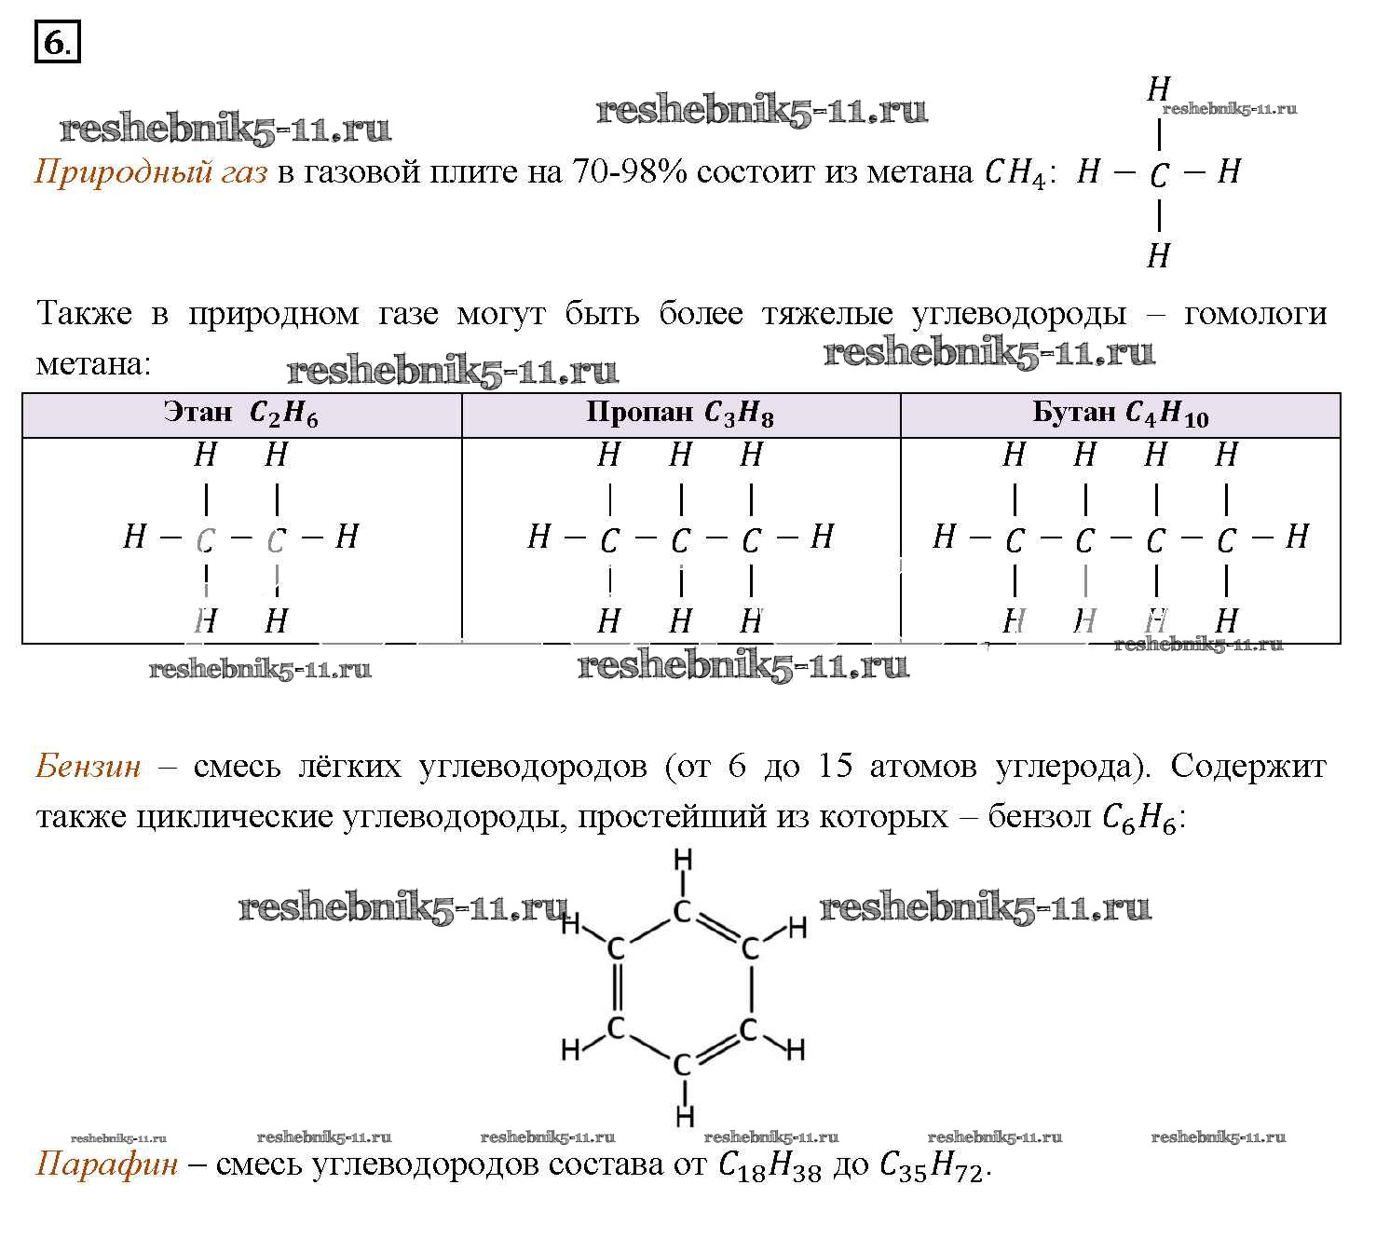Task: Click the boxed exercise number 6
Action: pos(58,42)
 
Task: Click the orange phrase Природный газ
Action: pos(151,171)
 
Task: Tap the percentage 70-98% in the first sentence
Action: pos(629,170)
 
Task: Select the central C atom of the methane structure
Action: pos(1159,175)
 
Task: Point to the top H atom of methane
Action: pos(1159,89)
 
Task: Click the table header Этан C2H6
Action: pos(240,413)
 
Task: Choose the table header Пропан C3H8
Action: pos(680,413)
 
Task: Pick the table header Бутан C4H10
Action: pos(1120,413)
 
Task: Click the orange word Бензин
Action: pos(89,766)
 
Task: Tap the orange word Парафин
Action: pos(107,1164)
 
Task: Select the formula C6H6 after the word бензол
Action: pos(1139,818)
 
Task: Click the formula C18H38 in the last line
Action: pos(770,1165)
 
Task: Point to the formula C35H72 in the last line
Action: pos(931,1165)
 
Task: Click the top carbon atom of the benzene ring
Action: pos(682,911)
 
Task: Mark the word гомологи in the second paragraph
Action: pos(1255,314)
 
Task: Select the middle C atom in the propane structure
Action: pos(680,540)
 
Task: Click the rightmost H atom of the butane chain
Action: pos(1297,536)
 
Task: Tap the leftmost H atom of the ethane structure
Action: pos(134,536)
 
